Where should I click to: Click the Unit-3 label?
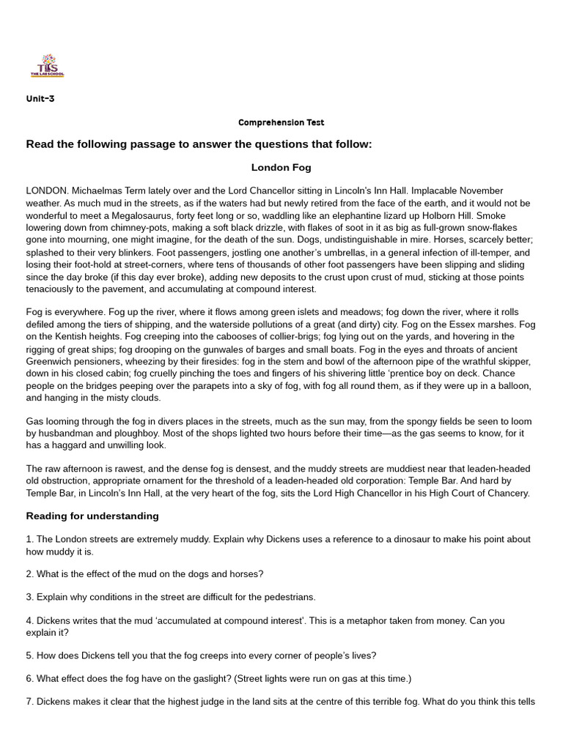pyautogui.click(x=40, y=99)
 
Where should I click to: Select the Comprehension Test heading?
pyautogui.click(x=281, y=122)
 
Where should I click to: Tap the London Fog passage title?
pyautogui.click(x=281, y=168)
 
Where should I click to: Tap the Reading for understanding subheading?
pyautogui.click(x=92, y=516)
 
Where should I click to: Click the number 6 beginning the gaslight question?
pyautogui.click(x=29, y=679)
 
